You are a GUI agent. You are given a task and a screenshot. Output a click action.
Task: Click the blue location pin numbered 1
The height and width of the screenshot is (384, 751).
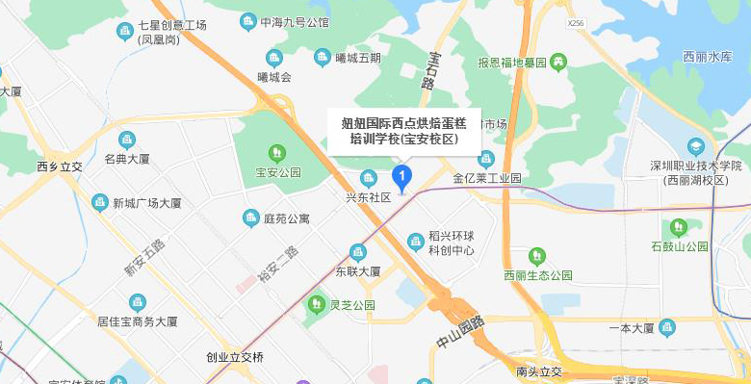[402, 176]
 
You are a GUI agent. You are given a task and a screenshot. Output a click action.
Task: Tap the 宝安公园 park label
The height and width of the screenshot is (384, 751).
[277, 173]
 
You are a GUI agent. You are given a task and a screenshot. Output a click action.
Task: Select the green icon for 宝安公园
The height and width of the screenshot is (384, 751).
[277, 152]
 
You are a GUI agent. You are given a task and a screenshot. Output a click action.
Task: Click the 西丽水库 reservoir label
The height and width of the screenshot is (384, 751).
[708, 57]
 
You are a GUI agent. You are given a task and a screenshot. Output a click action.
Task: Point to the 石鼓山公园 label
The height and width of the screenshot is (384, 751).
[679, 246]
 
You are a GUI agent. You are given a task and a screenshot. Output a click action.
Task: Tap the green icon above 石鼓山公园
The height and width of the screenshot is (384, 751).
[679, 227]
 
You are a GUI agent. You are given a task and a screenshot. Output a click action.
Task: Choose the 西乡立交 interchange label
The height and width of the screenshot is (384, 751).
[60, 166]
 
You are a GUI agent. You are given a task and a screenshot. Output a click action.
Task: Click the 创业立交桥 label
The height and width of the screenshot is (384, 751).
[234, 356]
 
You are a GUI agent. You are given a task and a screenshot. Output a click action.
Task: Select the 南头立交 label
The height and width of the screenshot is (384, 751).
[538, 371]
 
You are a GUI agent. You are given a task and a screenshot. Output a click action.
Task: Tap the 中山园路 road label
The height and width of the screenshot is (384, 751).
[460, 332]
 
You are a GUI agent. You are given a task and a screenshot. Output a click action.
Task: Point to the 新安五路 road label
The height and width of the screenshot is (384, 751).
[144, 258]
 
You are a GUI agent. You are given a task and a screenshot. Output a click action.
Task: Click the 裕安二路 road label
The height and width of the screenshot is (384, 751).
[279, 264]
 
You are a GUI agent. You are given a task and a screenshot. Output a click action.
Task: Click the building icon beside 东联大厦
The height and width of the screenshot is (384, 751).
[358, 252]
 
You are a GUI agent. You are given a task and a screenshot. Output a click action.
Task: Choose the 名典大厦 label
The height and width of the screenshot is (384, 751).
[127, 159]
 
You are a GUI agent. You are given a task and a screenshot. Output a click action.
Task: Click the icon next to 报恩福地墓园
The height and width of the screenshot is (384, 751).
[558, 63]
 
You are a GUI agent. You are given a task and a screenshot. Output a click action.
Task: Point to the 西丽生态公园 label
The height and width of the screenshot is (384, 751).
[537, 275]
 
